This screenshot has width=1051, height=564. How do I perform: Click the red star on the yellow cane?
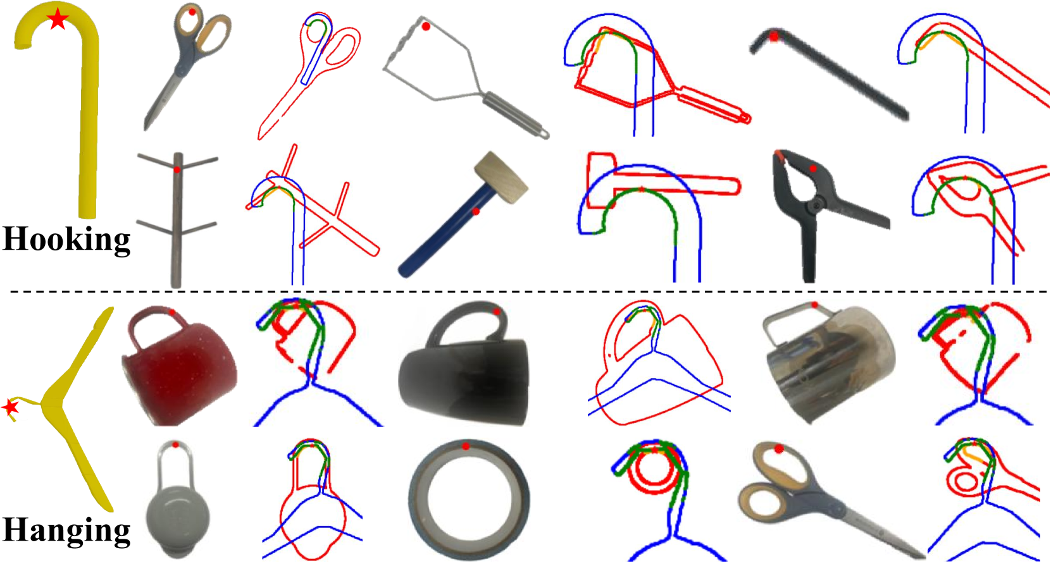coord(58,19)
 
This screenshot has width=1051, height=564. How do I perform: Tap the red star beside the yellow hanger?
coord(10,407)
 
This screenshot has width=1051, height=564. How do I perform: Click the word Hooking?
coord(66,240)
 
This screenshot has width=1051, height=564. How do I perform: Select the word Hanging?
coord(66,530)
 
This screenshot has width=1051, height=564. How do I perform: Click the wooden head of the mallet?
coord(502,177)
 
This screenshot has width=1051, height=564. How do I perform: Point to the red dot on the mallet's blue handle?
coord(476,212)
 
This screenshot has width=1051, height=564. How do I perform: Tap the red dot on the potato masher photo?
coord(426,27)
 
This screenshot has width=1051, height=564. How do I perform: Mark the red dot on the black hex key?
coord(774,36)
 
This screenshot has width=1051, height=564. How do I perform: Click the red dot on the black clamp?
coord(812,168)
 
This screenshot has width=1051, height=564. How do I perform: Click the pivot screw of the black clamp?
coord(818,204)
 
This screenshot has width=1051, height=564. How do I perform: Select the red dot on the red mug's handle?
coord(172,312)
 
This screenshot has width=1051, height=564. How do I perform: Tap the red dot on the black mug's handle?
coord(497,311)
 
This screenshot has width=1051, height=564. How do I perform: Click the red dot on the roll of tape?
coord(466,446)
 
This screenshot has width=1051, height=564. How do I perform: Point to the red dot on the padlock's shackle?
coord(175,444)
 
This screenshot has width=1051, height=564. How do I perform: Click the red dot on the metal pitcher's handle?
coord(815,305)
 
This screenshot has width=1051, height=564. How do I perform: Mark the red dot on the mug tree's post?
coord(177,169)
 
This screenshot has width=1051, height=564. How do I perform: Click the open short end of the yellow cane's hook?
coord(23,45)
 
